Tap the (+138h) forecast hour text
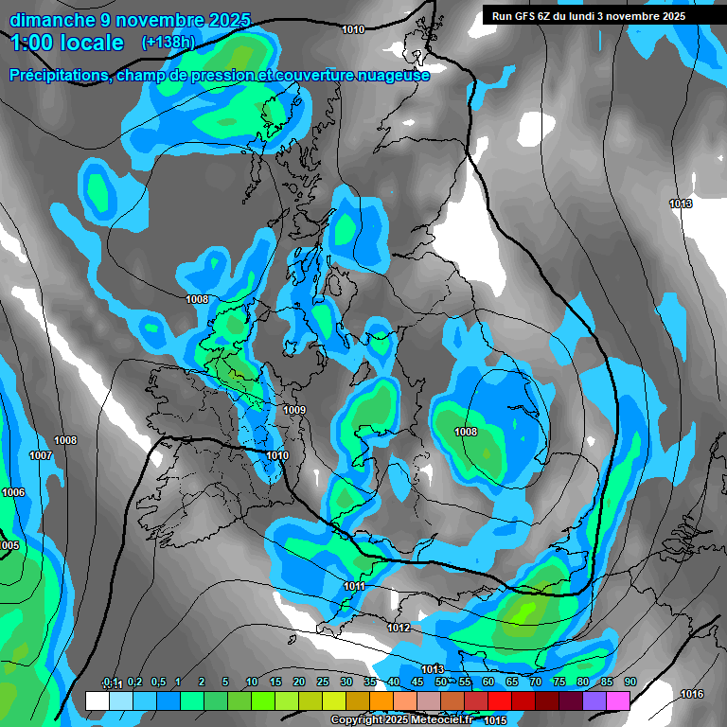[x=168, y=42]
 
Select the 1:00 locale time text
[x=67, y=43]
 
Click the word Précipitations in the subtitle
[x=58, y=75]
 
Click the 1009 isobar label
[x=294, y=410]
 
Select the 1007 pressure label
[x=41, y=455]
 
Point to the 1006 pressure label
[x=13, y=492]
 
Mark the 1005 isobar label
[x=9, y=545]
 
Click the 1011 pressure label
[x=355, y=587]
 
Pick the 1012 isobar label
[x=399, y=628]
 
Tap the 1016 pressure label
[x=692, y=694]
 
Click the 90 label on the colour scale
[x=629, y=683]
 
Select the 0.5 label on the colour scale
[x=158, y=683]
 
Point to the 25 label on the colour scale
[x=323, y=683]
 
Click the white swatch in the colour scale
[x=97, y=700]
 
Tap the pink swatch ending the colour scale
[x=618, y=700]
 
